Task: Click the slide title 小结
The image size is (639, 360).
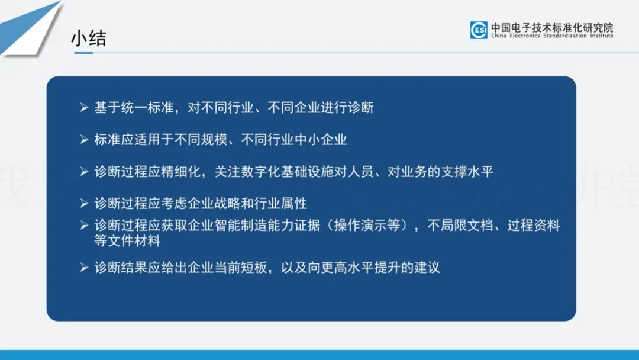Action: pos(89,38)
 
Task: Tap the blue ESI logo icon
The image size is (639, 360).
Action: pos(479,30)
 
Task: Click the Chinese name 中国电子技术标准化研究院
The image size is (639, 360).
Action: pos(552,27)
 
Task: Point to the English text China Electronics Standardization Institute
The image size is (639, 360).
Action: pos(552,36)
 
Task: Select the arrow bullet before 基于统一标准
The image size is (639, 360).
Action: pos(84,108)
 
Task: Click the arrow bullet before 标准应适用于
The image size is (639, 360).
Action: pos(84,140)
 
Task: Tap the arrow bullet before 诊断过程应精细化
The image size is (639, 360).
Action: pos(84,172)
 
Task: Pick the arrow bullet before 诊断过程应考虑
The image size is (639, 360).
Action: pos(84,204)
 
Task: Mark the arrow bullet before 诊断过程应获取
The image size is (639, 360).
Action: pos(84,226)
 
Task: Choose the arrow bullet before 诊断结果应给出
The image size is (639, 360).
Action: pos(84,268)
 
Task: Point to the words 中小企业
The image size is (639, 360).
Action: pos(320,140)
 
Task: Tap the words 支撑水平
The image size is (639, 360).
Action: pos(467,172)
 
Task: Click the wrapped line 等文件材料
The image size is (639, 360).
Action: pos(128,240)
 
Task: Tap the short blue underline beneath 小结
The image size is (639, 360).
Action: pos(83,53)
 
